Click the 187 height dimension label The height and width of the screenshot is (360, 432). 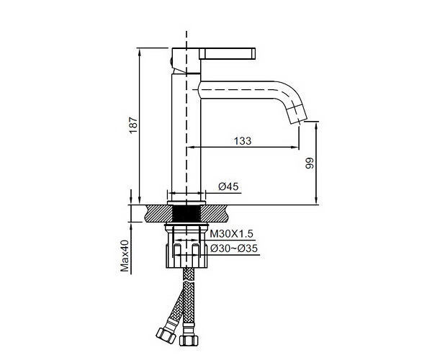pyautogui.click(x=133, y=125)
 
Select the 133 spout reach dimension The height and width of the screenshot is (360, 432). pyautogui.click(x=243, y=140)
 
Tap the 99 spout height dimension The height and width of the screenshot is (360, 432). pyautogui.click(x=310, y=163)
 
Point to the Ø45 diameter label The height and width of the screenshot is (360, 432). pyautogui.click(x=228, y=186)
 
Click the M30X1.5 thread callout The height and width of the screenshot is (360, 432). pyautogui.click(x=231, y=234)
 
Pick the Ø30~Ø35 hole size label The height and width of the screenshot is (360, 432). pyautogui.click(x=234, y=248)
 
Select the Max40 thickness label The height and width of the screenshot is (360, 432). pyautogui.click(x=125, y=256)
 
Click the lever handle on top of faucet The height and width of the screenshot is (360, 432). pyautogui.click(x=228, y=53)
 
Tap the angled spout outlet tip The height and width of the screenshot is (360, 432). pyautogui.click(x=297, y=115)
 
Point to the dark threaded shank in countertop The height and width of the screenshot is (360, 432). pyautogui.click(x=186, y=213)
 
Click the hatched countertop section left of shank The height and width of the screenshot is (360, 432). pyautogui.click(x=158, y=213)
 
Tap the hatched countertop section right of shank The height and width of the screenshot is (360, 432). pyautogui.click(x=215, y=213)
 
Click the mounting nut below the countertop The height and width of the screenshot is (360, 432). pyautogui.click(x=186, y=256)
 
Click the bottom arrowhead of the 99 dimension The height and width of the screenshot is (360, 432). pyautogui.click(x=317, y=201)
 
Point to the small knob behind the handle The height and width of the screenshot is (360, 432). pyautogui.click(x=171, y=62)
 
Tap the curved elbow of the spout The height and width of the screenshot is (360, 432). pyautogui.click(x=284, y=92)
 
